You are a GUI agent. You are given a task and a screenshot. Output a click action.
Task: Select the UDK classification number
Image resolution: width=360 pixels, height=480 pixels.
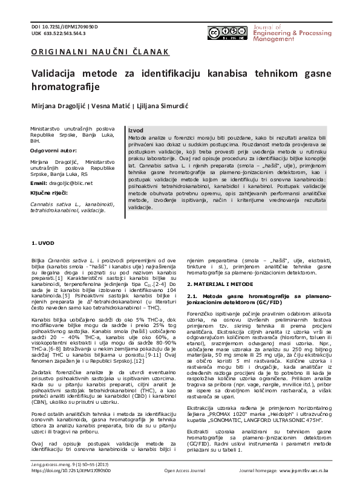58,34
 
